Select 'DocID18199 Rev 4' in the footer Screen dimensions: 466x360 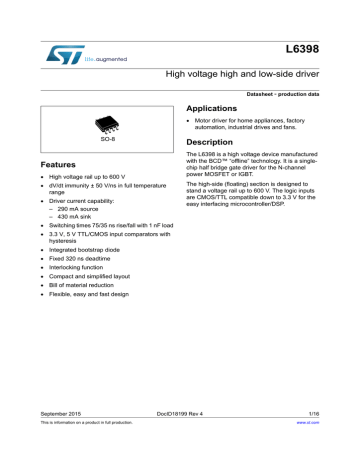(x=180, y=441)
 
